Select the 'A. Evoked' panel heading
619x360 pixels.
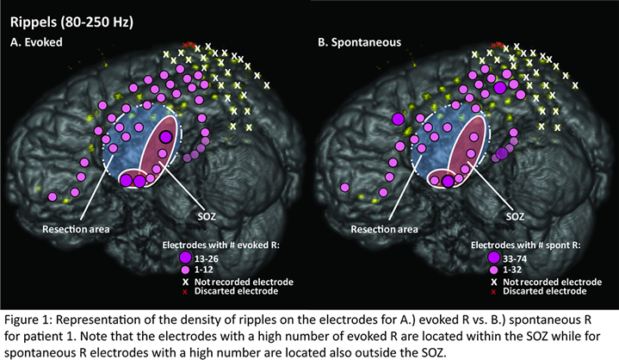pyautogui.click(x=42, y=40)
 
